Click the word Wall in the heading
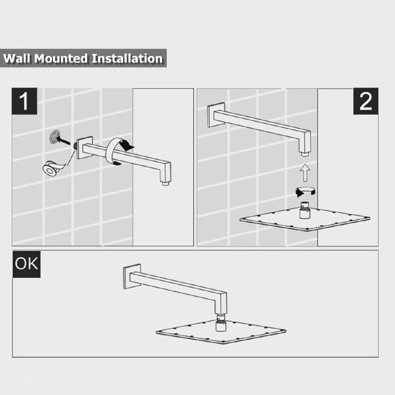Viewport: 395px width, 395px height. coord(17,59)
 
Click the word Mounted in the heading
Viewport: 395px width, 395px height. coord(61,59)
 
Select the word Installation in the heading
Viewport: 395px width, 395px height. coord(127,59)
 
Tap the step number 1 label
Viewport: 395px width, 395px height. coord(24,101)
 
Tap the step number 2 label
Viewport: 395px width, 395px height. coord(366,101)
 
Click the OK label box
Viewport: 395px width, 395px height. coord(27,264)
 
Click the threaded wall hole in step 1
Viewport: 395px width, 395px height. coord(54,137)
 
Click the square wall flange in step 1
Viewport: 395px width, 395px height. coord(84,148)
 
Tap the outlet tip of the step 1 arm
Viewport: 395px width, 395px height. coord(165,183)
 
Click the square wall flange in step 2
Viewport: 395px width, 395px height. coord(216,115)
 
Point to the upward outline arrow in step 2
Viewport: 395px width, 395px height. coord(305,173)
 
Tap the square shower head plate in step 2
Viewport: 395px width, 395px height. coord(305,219)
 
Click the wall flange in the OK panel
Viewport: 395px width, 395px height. coord(132,276)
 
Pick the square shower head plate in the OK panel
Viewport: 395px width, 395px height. coord(221,331)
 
